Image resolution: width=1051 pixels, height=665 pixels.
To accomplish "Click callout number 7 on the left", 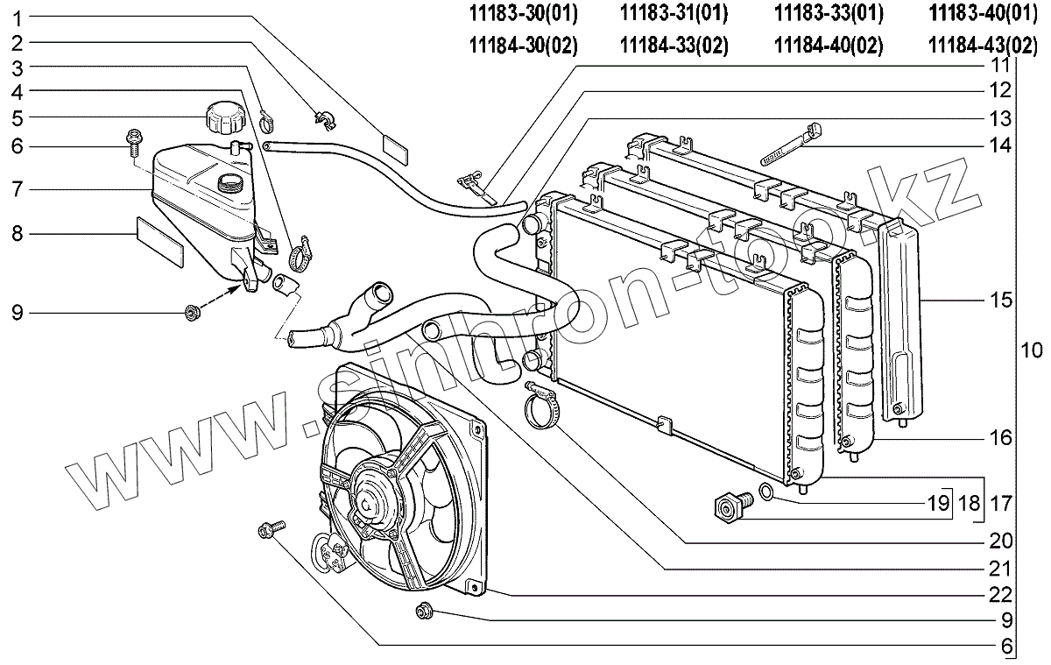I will (18, 189).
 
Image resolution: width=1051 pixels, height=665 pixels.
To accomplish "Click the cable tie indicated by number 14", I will (794, 144).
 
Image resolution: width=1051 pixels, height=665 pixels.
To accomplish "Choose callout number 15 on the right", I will (1000, 301).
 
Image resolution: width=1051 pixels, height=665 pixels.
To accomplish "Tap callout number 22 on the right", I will (1000, 594).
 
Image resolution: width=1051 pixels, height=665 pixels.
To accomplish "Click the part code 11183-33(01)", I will (829, 13).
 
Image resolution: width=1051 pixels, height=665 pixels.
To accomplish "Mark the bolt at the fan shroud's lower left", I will (269, 529).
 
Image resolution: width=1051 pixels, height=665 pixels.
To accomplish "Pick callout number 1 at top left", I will (18, 17).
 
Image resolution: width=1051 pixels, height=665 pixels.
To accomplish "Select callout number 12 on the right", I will (1000, 90).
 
